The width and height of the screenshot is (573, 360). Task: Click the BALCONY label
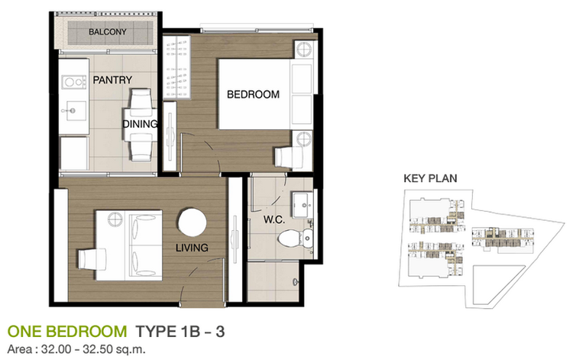point(108,32)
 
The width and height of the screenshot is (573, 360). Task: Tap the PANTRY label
point(112,80)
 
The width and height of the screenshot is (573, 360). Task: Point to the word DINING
point(140,125)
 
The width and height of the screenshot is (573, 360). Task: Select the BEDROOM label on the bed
point(253,95)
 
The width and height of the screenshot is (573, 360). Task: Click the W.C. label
point(274,220)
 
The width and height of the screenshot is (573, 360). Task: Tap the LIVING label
point(192,248)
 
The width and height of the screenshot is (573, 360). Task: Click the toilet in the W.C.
point(295,238)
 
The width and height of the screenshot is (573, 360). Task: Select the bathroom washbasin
point(303,204)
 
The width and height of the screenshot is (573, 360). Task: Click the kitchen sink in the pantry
point(74,110)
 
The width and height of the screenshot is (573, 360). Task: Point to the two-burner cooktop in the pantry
point(74,82)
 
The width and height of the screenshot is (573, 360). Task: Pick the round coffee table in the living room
point(193,222)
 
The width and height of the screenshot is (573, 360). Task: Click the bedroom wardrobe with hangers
point(176,67)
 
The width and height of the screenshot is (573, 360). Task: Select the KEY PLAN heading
point(430,178)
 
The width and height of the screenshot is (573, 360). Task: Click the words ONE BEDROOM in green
point(67,332)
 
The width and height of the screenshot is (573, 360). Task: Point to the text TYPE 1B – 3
point(180,332)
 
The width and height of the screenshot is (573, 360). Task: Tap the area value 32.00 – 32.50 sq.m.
point(93,349)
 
